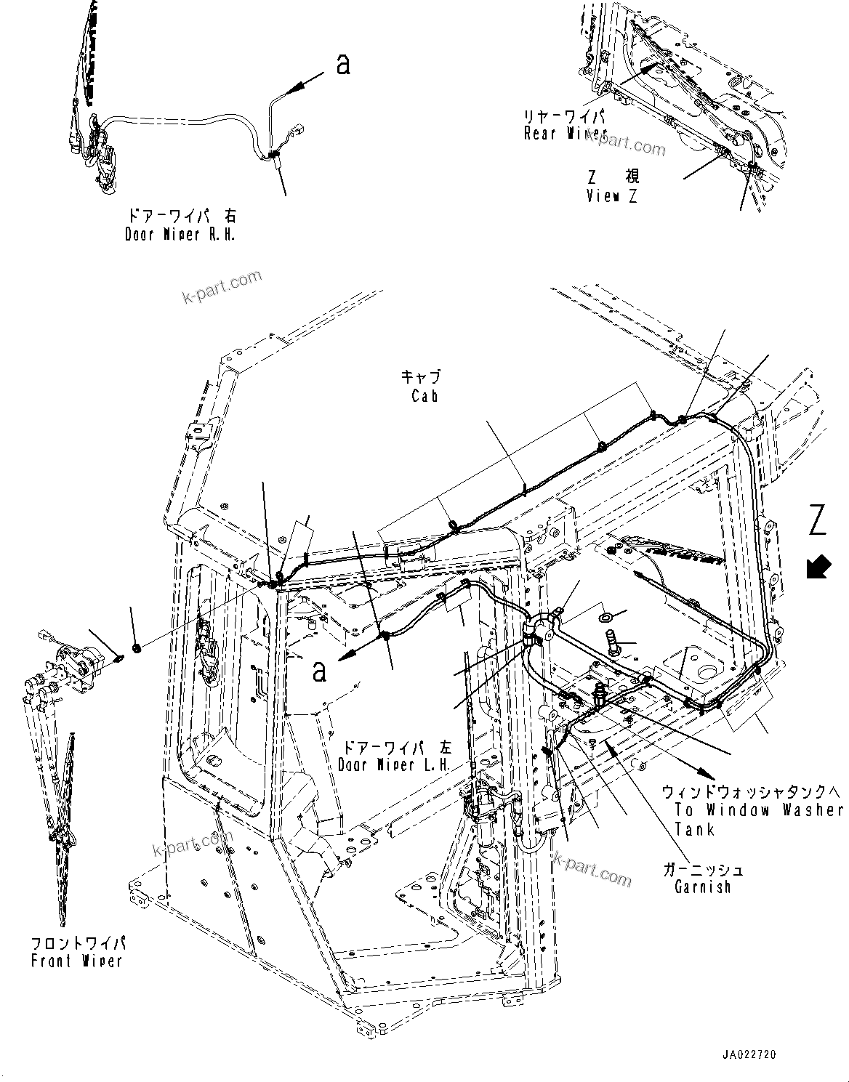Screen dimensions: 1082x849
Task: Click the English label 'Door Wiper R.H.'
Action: [x=180, y=235]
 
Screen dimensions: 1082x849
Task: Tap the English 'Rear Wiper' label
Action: [x=566, y=134]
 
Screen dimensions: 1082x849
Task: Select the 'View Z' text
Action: [x=612, y=196]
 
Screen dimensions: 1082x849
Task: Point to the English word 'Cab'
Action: [x=424, y=396]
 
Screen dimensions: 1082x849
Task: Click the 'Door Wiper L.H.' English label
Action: [x=395, y=765]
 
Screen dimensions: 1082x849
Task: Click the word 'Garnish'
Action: [x=702, y=887]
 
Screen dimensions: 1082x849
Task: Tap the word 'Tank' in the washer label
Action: [x=695, y=829]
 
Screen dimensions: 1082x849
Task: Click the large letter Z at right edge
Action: [x=818, y=522]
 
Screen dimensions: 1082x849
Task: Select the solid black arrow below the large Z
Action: [x=818, y=566]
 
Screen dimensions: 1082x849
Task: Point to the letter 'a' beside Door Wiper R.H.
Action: [x=343, y=65]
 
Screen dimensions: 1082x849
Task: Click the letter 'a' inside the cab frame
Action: [x=319, y=671]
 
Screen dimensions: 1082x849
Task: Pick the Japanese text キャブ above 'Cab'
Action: [x=422, y=376]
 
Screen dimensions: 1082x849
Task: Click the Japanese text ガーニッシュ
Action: [x=703, y=869]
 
